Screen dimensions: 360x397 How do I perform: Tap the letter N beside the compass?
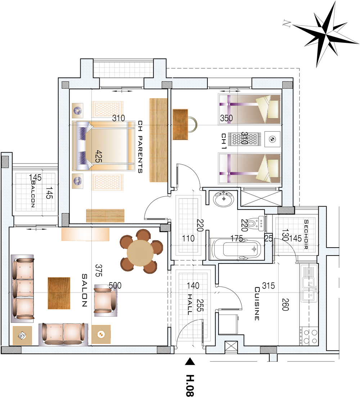click(x=286, y=23)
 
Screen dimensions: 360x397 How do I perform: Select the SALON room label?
click(x=85, y=290)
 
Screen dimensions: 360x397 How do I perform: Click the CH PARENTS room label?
click(x=140, y=146)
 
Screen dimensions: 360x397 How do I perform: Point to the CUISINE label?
click(x=257, y=303)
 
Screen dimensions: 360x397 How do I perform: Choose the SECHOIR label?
click(x=306, y=234)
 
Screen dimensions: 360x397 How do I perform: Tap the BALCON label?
click(x=33, y=194)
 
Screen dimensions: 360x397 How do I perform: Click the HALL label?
click(x=190, y=304)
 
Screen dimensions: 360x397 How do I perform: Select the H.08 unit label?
click(x=190, y=385)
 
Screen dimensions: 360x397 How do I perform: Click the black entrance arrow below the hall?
click(x=190, y=362)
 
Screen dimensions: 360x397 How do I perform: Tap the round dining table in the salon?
click(x=140, y=253)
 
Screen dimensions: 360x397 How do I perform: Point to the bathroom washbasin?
click(x=223, y=199)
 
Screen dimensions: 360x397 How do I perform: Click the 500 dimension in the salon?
click(x=115, y=285)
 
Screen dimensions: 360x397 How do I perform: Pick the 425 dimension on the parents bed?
click(x=99, y=156)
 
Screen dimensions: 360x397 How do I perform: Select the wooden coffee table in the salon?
click(x=59, y=293)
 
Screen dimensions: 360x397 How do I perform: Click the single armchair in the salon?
click(x=105, y=300)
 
